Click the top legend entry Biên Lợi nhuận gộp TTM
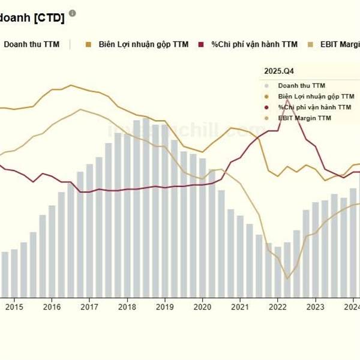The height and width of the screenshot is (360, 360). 143,44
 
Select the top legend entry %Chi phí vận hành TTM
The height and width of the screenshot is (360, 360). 254,44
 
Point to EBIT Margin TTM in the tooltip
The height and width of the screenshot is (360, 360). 304,118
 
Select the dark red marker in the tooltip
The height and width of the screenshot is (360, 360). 266,107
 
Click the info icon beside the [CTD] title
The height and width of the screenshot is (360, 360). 73,13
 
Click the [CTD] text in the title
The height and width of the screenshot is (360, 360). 50,18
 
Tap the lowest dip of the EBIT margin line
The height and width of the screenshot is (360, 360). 287,278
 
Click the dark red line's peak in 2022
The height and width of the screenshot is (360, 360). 287,100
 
